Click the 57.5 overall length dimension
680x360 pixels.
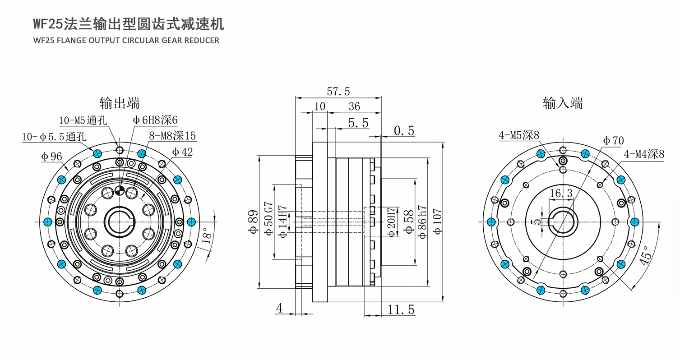point(338,92)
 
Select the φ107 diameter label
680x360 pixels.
point(437,222)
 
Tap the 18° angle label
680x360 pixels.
point(207,236)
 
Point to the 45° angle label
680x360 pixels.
point(645,255)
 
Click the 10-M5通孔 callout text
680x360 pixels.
point(83,120)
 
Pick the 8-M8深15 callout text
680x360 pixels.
point(172,136)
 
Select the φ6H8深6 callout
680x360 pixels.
point(155,120)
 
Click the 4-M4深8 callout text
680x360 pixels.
point(644,154)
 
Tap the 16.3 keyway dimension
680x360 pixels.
point(561,193)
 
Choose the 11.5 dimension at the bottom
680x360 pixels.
point(401,309)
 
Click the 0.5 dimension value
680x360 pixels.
point(404,131)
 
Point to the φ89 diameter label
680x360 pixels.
point(253,222)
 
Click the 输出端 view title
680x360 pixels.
point(120,103)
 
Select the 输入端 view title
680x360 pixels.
point(563,103)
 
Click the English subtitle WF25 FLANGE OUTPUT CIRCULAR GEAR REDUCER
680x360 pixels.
point(126,40)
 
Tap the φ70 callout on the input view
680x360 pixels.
point(613,141)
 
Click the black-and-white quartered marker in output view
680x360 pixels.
point(120,190)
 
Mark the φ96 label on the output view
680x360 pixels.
point(51,157)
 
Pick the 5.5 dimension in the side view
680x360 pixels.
point(358,123)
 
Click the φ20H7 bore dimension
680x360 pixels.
point(392,222)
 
